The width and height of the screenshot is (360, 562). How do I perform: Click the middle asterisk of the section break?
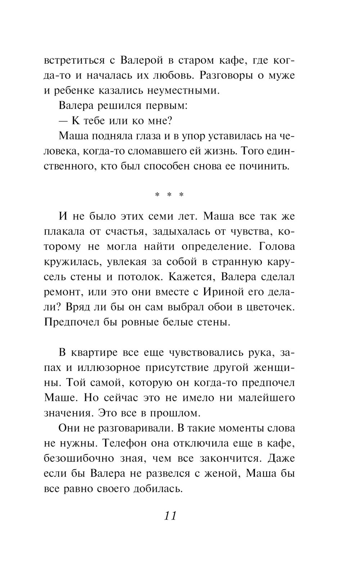169,195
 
